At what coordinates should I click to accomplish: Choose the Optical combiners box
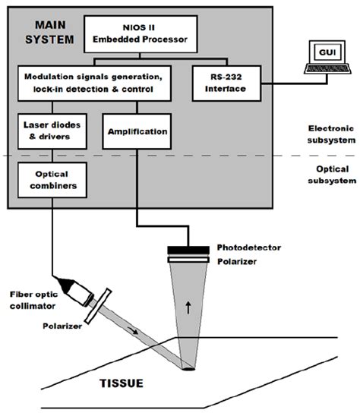[52, 180]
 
